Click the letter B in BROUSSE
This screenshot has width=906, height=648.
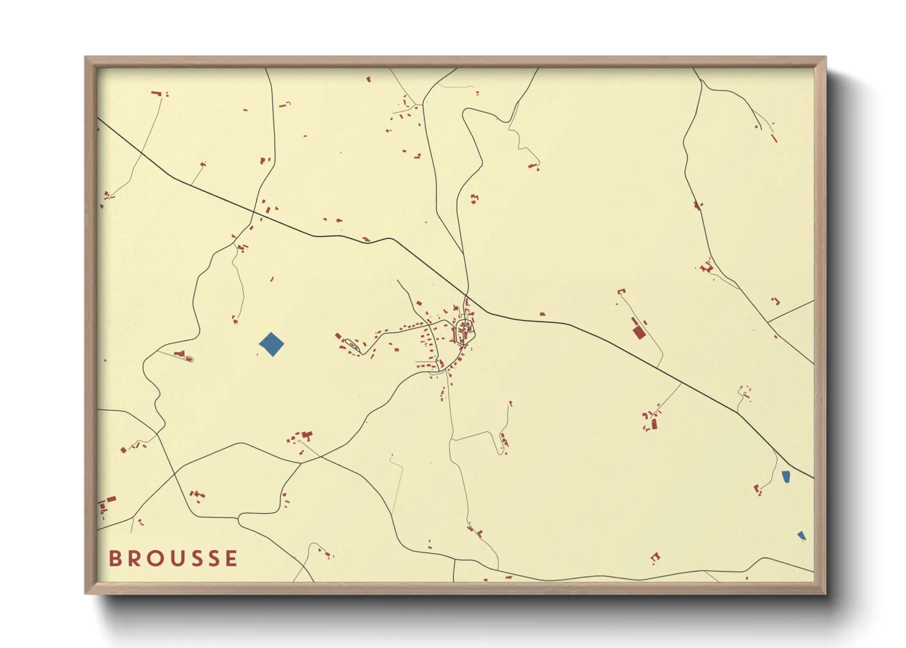(114, 559)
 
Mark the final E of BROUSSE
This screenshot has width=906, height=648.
(231, 559)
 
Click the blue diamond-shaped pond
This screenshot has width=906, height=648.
(271, 344)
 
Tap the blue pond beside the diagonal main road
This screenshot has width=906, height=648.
(786, 476)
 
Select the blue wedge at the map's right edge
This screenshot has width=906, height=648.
(801, 536)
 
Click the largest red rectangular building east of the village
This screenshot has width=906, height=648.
(639, 332)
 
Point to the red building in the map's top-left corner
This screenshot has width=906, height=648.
(156, 93)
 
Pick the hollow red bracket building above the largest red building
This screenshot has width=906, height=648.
(621, 292)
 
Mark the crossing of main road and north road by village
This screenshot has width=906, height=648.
(468, 297)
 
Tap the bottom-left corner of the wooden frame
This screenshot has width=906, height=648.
(86, 592)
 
